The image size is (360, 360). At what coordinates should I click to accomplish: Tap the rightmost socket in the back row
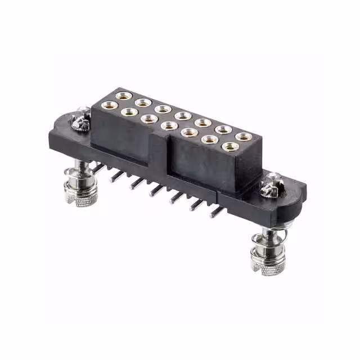coord(244,137)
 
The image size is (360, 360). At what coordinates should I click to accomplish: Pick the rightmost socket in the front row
coord(229,147)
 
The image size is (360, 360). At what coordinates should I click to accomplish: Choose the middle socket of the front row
coord(169,125)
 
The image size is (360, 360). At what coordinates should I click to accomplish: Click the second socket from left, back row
coord(143,103)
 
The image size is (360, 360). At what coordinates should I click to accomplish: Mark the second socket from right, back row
coord(223,130)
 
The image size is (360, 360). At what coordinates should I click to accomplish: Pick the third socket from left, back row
coord(163,109)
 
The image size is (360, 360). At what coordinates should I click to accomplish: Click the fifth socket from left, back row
coord(203,123)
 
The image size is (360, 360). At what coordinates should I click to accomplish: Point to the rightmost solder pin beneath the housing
coord(214,213)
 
